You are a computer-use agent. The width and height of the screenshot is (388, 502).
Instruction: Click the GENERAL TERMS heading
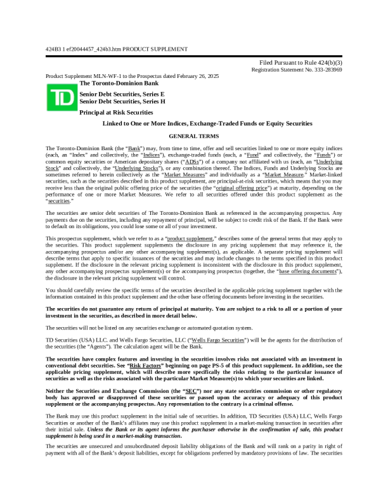point(193,136)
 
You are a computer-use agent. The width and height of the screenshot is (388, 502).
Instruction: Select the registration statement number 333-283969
point(324,70)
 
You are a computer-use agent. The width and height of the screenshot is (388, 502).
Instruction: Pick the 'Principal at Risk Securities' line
point(116,112)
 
